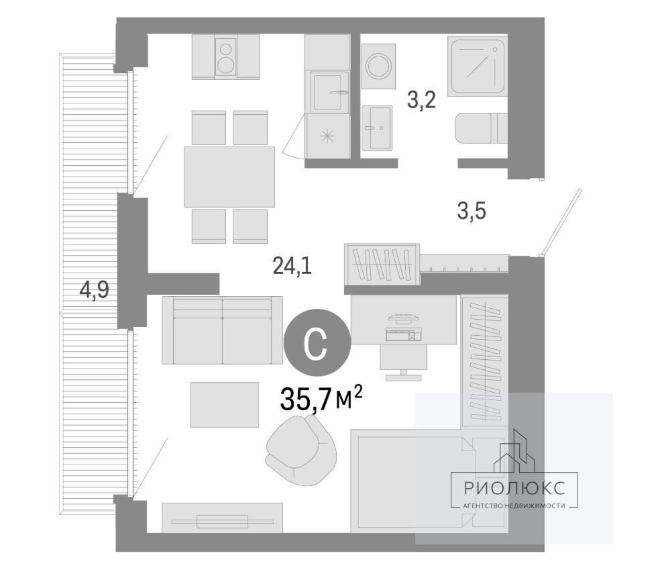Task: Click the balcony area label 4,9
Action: coord(95,289)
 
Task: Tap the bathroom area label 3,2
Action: coord(421,100)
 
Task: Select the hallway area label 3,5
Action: coord(472,211)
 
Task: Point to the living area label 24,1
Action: coord(292,266)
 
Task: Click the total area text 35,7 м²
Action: coord(321,399)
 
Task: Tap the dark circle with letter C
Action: coord(317,342)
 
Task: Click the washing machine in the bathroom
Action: coord(378,66)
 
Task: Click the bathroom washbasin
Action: coord(377,128)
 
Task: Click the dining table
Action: coord(229,177)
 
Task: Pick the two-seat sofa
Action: coord(222,330)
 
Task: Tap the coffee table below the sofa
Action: coord(224,405)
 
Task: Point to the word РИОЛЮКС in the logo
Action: coord(514,488)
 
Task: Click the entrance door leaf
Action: coord(561,222)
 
